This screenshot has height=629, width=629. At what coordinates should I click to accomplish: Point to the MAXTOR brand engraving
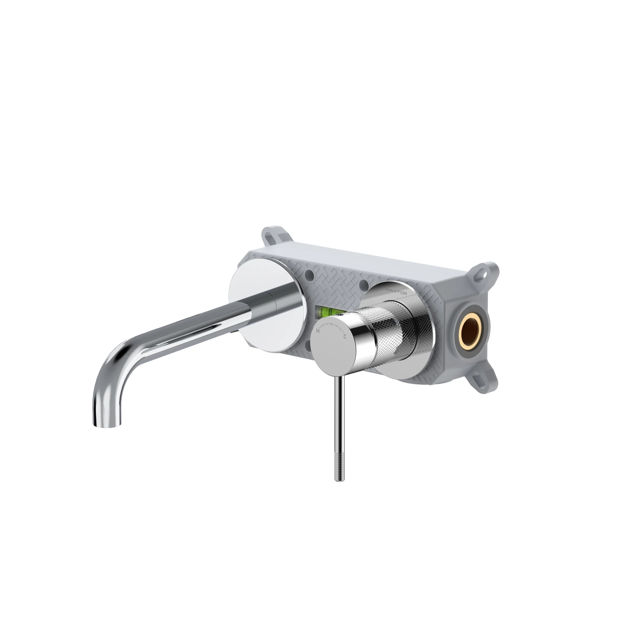pyautogui.click(x=396, y=293)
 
